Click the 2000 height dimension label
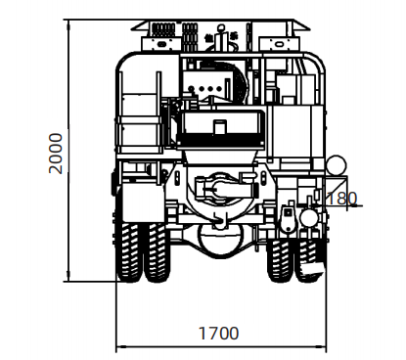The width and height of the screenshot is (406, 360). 56,154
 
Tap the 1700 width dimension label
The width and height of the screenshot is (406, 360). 219,334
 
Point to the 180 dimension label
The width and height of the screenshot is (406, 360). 341,198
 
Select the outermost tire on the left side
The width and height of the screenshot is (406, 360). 129,252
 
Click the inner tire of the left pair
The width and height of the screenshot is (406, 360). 158,252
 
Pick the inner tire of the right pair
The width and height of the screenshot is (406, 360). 280,260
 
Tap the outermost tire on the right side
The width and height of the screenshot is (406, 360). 309,260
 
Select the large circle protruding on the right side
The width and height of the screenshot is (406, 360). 337,165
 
